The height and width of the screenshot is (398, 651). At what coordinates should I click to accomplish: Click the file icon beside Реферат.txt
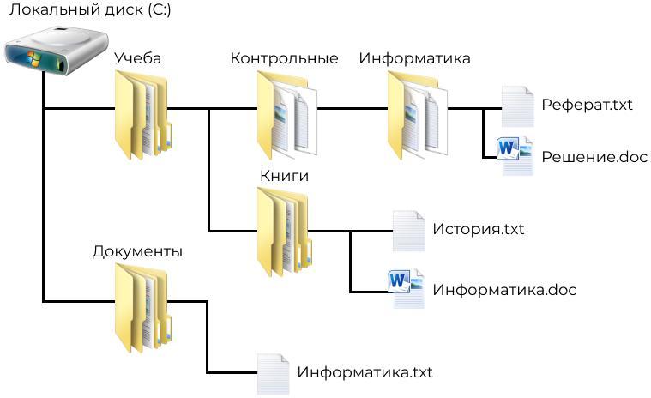[x=517, y=106]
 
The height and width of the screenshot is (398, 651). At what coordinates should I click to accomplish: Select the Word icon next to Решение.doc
[x=515, y=155]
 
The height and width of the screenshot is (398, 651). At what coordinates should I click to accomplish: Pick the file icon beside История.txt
[x=408, y=231]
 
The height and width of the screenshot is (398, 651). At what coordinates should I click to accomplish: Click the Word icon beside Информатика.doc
[x=407, y=288]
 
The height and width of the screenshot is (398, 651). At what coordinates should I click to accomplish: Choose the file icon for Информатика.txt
[x=274, y=373]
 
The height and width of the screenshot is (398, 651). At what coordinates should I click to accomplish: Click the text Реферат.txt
[x=587, y=106]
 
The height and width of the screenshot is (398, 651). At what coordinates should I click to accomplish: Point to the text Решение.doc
[x=594, y=157]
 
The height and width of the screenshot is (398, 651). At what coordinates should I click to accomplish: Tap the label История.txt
[x=478, y=230]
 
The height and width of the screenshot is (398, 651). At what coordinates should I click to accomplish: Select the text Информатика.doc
[x=504, y=290]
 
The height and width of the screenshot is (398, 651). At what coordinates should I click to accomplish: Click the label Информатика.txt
[x=365, y=373]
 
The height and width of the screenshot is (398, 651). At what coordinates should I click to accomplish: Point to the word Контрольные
[x=284, y=58]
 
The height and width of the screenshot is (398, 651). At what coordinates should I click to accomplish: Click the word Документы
[x=137, y=252]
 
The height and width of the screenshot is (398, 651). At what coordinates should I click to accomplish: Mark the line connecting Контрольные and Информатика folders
[x=352, y=109]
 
